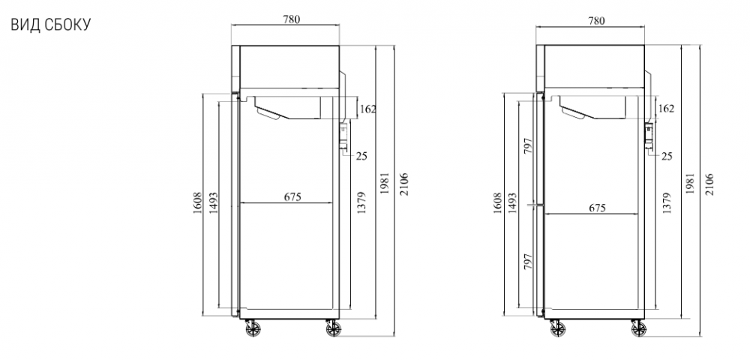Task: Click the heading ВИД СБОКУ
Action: click(51, 25)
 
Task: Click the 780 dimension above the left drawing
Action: click(291, 19)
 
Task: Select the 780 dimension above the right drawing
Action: click(596, 20)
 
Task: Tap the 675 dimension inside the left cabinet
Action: click(292, 196)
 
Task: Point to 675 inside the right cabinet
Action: click(598, 208)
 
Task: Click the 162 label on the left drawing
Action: click(367, 109)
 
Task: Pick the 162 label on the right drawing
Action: click(666, 109)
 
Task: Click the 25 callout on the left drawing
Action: click(361, 156)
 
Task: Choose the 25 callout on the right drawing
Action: click(667, 156)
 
